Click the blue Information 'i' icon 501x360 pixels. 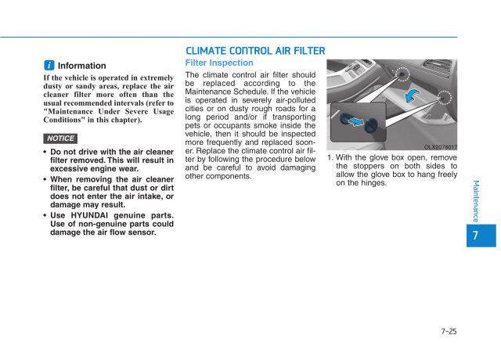49,66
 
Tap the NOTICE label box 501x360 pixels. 60,139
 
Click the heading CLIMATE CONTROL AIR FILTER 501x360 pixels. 255,51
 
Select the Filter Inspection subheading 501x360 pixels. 219,63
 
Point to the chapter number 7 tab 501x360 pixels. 476,235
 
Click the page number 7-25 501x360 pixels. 449,331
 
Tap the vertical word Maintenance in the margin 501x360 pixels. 476,200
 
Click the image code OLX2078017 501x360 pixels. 441,147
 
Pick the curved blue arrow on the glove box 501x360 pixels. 412,95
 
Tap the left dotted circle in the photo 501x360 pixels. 402,74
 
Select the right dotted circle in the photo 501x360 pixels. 445,99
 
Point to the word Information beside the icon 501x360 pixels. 81,66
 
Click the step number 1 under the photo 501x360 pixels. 330,157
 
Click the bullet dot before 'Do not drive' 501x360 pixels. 45,152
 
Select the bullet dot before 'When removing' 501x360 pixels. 45,179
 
